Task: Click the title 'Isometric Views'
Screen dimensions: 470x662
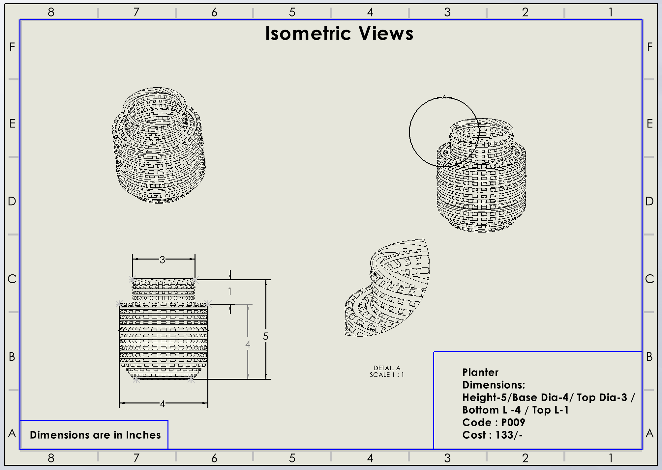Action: click(339, 34)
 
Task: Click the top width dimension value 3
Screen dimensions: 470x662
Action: click(162, 260)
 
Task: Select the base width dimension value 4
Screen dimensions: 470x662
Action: click(162, 403)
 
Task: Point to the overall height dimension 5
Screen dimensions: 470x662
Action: click(265, 336)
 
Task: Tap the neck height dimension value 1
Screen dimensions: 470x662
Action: click(230, 291)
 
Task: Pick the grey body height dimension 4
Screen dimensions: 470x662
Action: click(248, 344)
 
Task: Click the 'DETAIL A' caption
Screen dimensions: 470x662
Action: click(387, 368)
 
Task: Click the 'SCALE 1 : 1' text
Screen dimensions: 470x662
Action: click(387, 375)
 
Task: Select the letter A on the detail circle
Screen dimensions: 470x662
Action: click(444, 97)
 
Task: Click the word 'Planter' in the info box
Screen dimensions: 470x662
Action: click(480, 373)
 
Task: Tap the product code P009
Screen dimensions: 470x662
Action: click(513, 423)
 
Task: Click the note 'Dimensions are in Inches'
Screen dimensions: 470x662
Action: click(95, 435)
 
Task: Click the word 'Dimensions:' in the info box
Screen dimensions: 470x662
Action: click(494, 385)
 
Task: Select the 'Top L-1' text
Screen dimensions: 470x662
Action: click(550, 410)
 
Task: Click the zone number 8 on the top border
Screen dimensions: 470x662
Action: click(51, 13)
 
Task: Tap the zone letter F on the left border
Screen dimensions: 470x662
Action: click(12, 47)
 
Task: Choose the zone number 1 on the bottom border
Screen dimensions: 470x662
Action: click(611, 458)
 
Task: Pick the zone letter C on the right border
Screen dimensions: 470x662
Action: click(649, 279)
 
